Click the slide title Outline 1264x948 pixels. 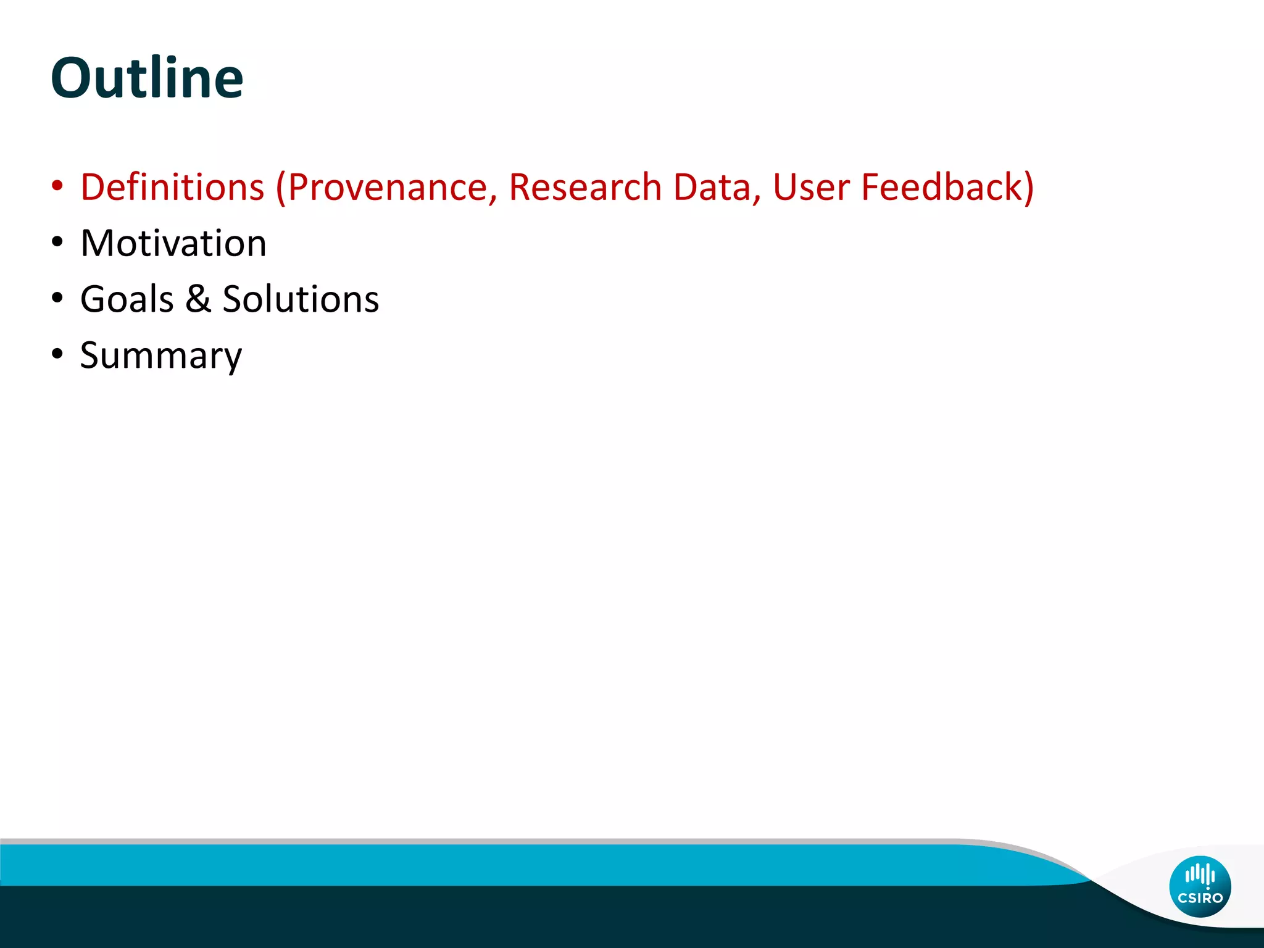147,78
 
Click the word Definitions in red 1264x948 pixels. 172,187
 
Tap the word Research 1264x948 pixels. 584,187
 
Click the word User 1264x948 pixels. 811,187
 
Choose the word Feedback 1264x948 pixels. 942,187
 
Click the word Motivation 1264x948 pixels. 173,243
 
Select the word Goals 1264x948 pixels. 127,299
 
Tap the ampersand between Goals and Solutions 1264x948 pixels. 198,299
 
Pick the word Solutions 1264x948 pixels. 301,299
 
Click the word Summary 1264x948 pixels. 161,356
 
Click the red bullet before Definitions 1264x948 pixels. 57,187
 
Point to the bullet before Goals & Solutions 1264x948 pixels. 57,299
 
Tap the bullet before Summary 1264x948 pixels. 57,355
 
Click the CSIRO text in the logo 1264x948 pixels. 1200,898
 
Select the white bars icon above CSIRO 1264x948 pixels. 1200,875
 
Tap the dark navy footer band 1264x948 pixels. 494,918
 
